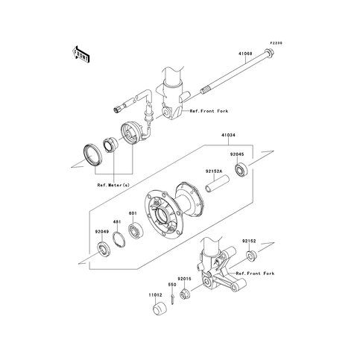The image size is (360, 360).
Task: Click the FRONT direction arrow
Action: tap(80, 54)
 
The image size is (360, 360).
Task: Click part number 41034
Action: tap(228, 135)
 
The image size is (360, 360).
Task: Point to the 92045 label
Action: tap(237, 154)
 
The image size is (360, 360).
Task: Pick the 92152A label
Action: tap(214, 171)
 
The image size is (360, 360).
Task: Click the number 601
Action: tap(133, 213)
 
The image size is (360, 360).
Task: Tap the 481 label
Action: tap(117, 221)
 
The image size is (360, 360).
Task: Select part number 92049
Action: tap(102, 232)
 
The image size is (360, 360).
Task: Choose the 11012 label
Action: tap(156, 295)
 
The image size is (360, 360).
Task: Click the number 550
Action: tap(172, 285)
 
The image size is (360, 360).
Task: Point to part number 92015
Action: tap(184, 279)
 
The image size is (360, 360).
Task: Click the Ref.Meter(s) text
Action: tap(113, 185)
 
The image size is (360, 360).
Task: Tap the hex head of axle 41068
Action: tap(269, 53)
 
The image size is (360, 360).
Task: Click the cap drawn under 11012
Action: tap(160, 309)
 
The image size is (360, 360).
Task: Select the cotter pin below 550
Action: tap(172, 299)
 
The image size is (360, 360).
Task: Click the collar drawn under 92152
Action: tap(251, 256)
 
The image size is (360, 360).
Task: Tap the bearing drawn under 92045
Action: tap(241, 170)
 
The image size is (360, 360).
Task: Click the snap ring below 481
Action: tap(119, 240)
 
